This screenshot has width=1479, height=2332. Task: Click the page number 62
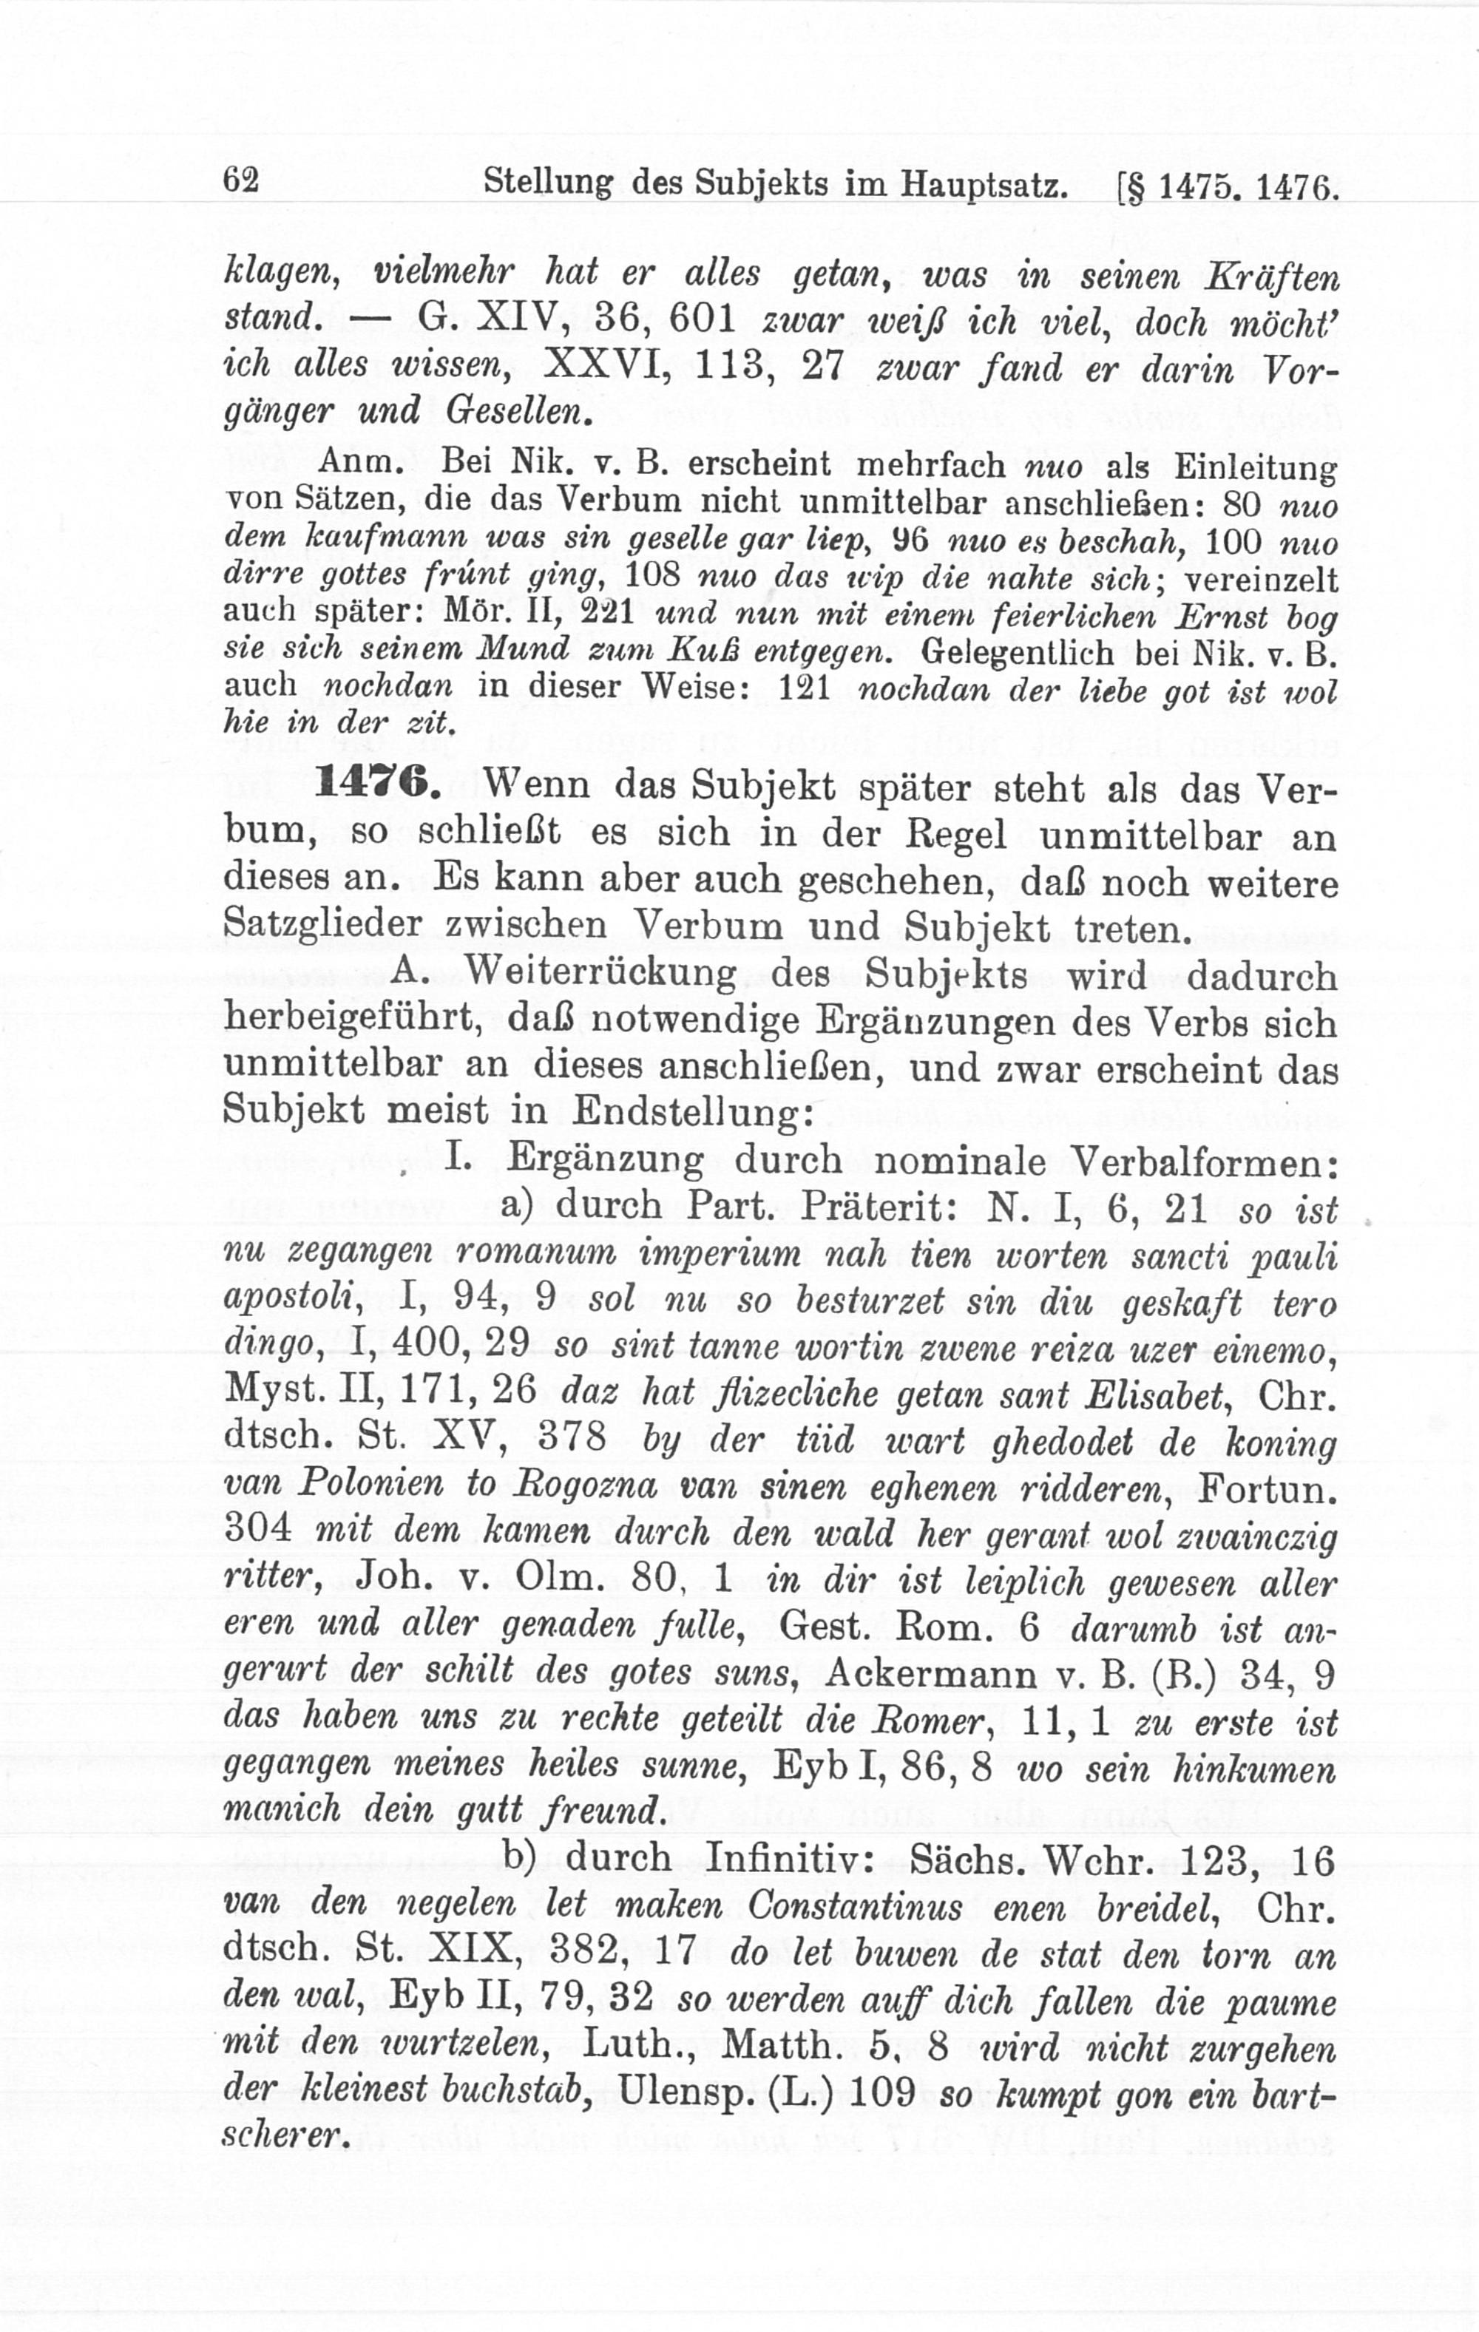coord(240,181)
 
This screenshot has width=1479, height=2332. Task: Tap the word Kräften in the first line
coord(1270,278)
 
